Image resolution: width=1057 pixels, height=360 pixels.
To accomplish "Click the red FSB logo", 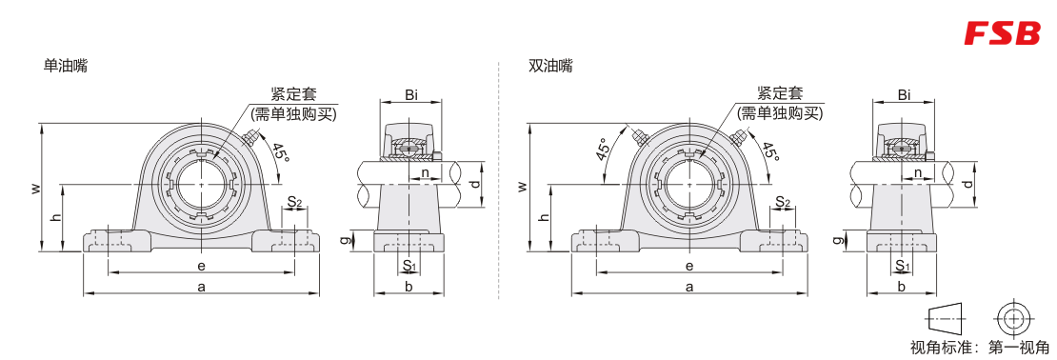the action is (1002, 33).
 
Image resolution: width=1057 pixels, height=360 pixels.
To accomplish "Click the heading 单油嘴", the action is (66, 66).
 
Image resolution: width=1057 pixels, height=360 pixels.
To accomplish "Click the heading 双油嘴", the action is (550, 66).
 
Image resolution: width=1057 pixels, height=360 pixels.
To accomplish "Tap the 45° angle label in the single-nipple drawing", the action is (280, 152).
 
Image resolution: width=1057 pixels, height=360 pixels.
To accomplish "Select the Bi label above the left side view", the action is (411, 95).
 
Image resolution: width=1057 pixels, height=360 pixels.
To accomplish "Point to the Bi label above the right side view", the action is (904, 95).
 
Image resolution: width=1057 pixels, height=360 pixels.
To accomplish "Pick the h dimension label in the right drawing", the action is (544, 217).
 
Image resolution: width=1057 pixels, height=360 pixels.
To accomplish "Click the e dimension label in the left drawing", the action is (201, 266).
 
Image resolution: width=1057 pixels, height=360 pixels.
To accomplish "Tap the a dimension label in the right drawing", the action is (688, 287).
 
